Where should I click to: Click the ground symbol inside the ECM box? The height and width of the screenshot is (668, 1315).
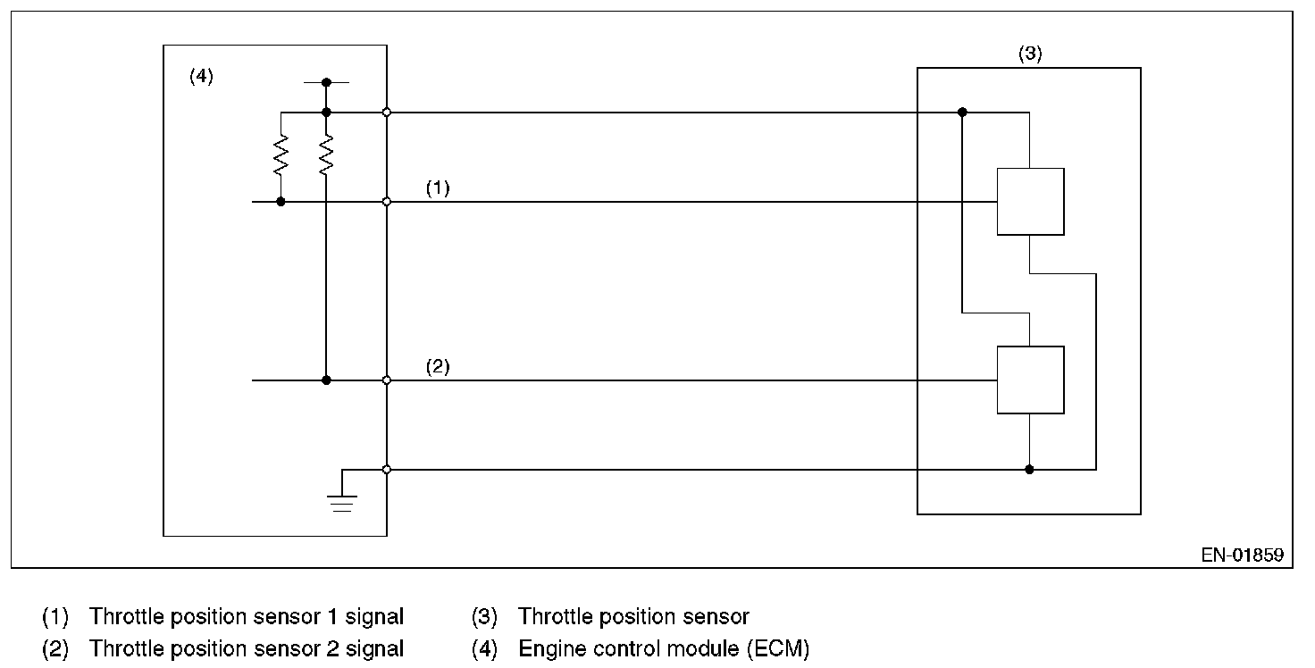[342, 503]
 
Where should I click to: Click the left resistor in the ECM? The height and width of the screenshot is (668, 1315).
[281, 155]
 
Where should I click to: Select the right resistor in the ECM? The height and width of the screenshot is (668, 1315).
[326, 155]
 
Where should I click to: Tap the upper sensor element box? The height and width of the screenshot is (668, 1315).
[1030, 201]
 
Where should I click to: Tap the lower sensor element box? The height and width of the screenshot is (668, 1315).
[1030, 380]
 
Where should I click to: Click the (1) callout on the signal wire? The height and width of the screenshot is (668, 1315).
[437, 188]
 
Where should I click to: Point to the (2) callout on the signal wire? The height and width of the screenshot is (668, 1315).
[437, 367]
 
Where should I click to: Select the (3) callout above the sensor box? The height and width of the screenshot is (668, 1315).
[1030, 54]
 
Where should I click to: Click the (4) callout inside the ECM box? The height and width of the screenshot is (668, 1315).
[201, 77]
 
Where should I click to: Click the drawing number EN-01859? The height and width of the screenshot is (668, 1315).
[1242, 555]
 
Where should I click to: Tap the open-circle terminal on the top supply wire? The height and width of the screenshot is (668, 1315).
[387, 113]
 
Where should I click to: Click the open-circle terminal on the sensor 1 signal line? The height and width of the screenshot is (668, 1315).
[387, 202]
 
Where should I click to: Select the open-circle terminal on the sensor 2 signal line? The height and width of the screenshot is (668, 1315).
[387, 380]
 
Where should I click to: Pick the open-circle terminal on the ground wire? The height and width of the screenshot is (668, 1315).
[387, 470]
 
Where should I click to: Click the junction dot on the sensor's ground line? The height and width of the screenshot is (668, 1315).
[1029, 470]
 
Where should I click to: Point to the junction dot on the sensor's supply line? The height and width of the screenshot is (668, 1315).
[962, 113]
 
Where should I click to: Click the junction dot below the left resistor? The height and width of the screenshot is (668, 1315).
[281, 202]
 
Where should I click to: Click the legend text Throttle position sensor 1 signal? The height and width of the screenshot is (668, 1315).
[247, 616]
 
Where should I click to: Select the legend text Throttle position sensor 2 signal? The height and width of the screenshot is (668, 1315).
[247, 648]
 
